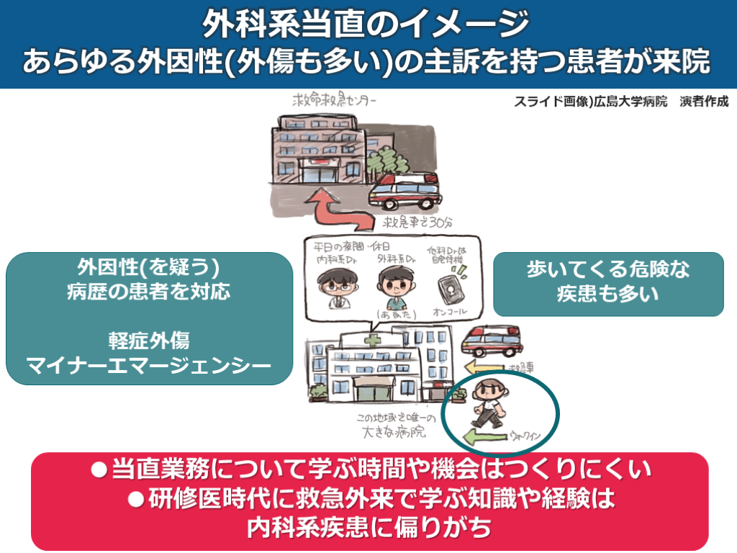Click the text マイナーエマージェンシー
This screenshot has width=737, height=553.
(149, 367)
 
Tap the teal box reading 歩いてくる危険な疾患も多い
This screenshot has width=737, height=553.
(608, 283)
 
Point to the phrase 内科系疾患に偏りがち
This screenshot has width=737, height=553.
(368, 527)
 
